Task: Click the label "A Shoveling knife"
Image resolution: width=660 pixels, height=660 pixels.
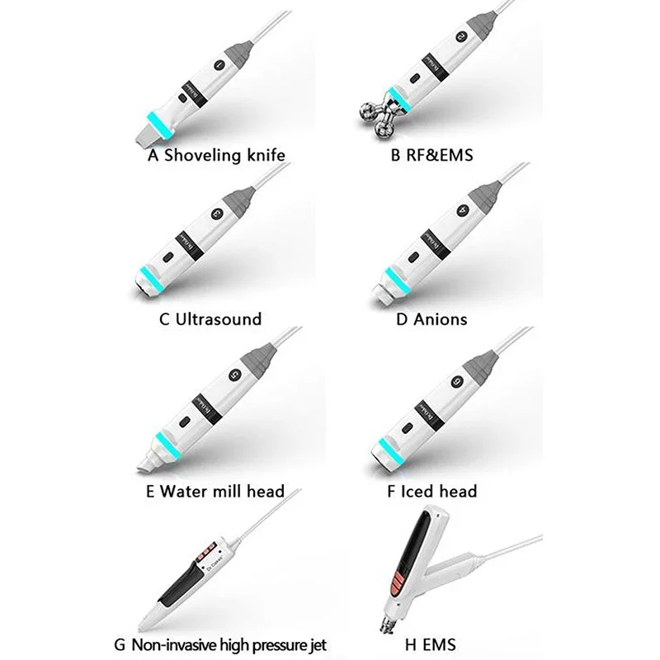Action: (217, 153)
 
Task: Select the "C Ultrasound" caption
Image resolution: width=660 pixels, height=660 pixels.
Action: (210, 318)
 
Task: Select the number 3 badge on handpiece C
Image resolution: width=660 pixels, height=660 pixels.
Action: (219, 214)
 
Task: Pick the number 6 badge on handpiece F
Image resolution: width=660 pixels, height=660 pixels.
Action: (458, 381)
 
